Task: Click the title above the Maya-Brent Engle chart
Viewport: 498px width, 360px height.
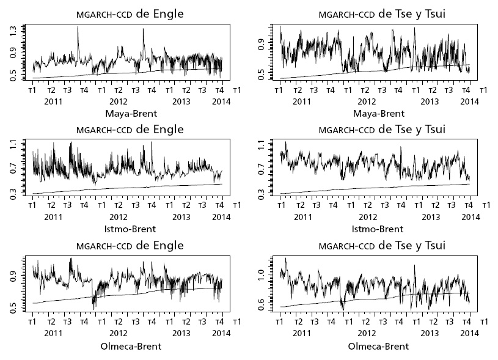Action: coord(130,13)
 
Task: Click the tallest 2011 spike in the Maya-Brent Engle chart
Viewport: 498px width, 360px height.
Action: coord(78,28)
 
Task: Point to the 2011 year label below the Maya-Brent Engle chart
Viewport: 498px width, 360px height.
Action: coord(54,101)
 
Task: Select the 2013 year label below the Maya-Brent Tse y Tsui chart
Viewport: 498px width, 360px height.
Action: coord(430,101)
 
